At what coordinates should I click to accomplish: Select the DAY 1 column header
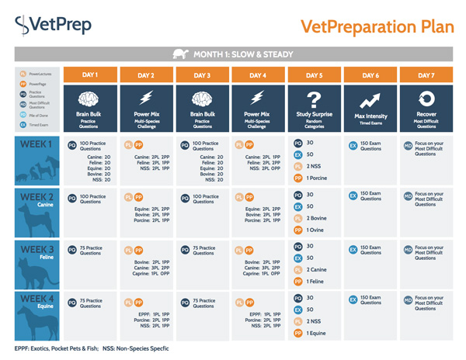90,74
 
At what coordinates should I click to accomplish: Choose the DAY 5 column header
315,74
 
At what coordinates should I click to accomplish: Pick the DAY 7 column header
426,74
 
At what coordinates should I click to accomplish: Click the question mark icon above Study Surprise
315,100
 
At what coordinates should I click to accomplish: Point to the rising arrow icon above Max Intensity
370,100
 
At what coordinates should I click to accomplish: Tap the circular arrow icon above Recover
426,100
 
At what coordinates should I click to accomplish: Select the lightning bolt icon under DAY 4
259,100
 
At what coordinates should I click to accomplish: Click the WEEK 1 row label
37,144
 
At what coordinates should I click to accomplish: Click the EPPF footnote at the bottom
89,348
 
